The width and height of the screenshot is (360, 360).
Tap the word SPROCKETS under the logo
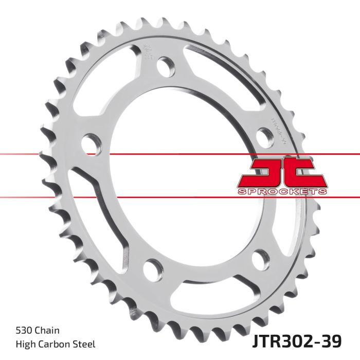pos(282,192)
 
